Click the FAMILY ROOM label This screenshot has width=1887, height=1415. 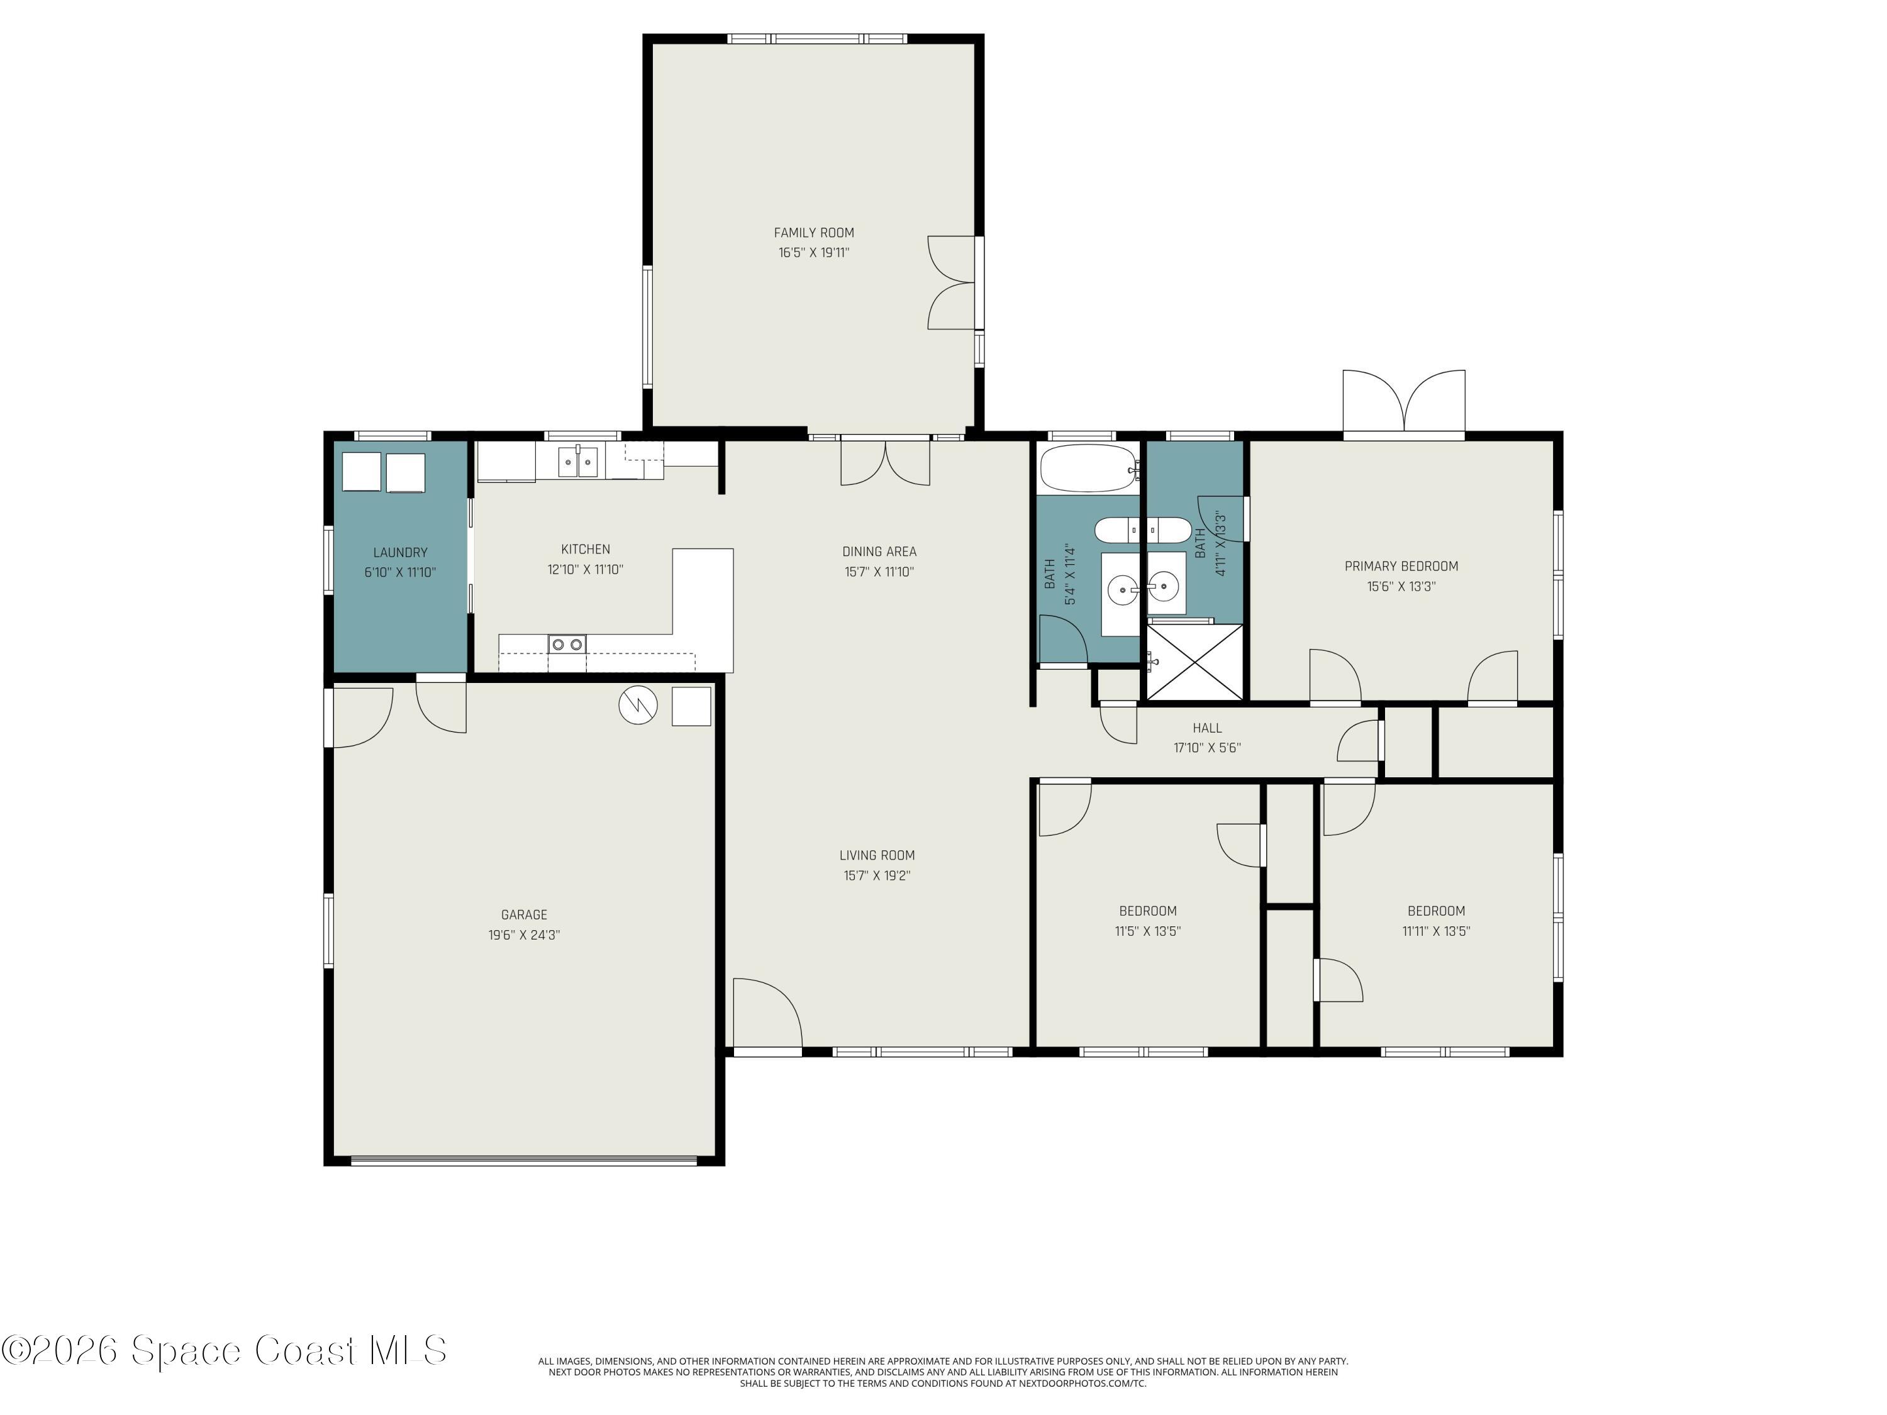pyautogui.click(x=814, y=233)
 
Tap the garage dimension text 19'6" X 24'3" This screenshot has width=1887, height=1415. pyautogui.click(x=524, y=935)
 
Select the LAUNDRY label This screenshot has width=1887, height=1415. pyautogui.click(x=400, y=553)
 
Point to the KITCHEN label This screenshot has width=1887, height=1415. pyautogui.click(x=585, y=549)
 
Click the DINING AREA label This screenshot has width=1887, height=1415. pyautogui.click(x=879, y=552)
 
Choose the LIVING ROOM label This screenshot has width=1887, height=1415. pyautogui.click(x=877, y=855)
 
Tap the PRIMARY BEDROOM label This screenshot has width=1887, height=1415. pyautogui.click(x=1401, y=567)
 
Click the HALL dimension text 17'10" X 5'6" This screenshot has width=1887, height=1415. pyautogui.click(x=1207, y=748)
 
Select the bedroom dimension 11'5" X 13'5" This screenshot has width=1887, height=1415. pyautogui.click(x=1147, y=931)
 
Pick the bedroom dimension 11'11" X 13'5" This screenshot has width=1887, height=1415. pyautogui.click(x=1437, y=931)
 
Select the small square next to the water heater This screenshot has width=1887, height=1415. pyautogui.click(x=691, y=706)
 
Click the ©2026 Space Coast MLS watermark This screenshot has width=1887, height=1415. pyautogui.click(x=223, y=1350)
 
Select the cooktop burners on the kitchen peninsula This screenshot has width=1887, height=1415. pyautogui.click(x=567, y=644)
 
